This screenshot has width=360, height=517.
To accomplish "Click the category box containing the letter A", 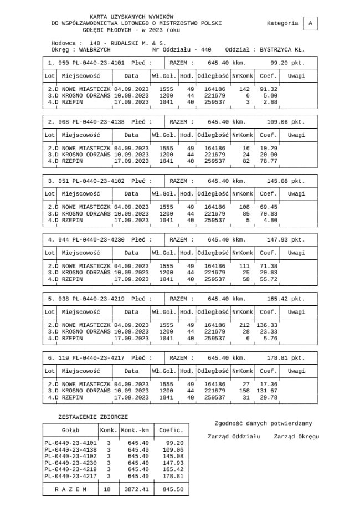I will point(311,23).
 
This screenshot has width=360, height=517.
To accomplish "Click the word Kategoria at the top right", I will point(282,23).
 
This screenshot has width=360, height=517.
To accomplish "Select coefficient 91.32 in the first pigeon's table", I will point(268,89).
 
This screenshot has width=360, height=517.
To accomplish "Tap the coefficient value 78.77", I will point(268,161).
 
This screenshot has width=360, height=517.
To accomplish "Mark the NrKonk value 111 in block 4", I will point(244,267).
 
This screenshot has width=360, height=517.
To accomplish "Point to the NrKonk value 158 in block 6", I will point(244,391).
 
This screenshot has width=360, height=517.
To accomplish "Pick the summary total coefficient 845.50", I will point(172,489).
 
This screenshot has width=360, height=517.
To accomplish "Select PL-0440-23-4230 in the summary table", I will point(70,463).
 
